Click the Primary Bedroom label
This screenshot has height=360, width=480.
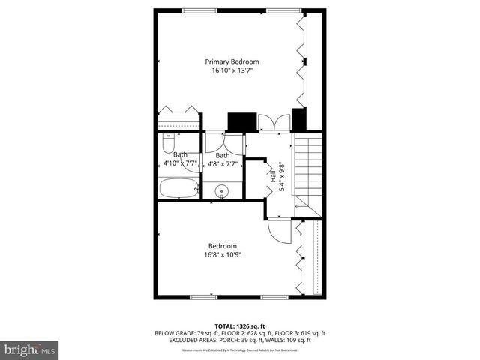pyautogui.click(x=232, y=61)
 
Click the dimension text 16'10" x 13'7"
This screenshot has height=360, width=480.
pyautogui.click(x=232, y=71)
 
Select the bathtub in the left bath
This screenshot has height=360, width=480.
pyautogui.click(x=178, y=187)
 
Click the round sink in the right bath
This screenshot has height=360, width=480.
pyautogui.click(x=222, y=193)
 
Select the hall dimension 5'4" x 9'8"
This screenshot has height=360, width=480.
pyautogui.click(x=282, y=177)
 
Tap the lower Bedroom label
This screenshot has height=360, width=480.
pyautogui.click(x=223, y=246)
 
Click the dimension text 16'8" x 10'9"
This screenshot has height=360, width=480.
pyautogui.click(x=223, y=255)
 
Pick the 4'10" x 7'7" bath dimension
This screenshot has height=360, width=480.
pyautogui.click(x=180, y=163)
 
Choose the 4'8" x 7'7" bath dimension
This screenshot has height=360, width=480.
pyautogui.click(x=222, y=163)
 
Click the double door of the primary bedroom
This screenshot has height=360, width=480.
pyautogui.click(x=268, y=122)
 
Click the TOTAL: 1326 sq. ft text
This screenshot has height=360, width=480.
pyautogui.click(x=240, y=326)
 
